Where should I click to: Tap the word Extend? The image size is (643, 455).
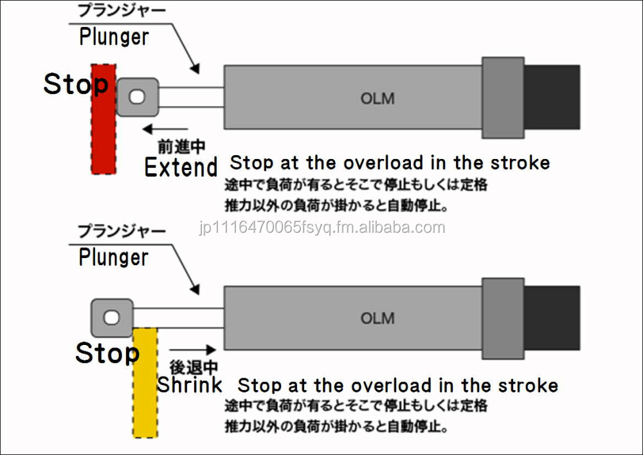click(x=181, y=167)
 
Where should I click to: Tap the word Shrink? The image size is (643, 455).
click(x=190, y=385)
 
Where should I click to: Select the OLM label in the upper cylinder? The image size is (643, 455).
click(x=377, y=98)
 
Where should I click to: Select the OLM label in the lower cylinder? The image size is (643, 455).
click(x=377, y=319)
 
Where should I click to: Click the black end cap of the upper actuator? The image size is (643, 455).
click(x=552, y=97)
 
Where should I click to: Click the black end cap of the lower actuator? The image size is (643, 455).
click(x=552, y=318)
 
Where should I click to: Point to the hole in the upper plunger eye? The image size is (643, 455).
click(x=136, y=97)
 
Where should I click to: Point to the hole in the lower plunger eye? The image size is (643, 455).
click(x=112, y=317)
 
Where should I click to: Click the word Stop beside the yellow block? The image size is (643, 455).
click(x=107, y=353)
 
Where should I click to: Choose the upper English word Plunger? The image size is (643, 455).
click(x=114, y=37)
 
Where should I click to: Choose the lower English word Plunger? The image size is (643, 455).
click(x=114, y=257)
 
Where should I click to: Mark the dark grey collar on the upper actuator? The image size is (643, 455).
click(x=502, y=97)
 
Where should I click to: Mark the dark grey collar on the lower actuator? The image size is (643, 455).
click(x=502, y=318)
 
